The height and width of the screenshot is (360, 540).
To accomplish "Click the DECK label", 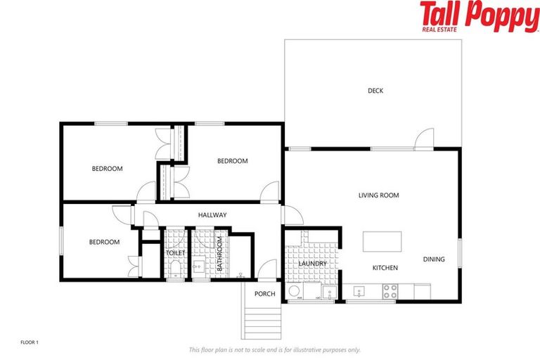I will (375, 90).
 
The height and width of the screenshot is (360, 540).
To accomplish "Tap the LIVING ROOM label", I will (378, 195).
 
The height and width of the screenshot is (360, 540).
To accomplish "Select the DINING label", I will (434, 259).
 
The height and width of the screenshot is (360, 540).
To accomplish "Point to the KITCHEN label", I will (385, 268).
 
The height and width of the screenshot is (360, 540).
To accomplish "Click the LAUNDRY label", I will (313, 264).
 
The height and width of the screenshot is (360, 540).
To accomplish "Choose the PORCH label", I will (264, 294).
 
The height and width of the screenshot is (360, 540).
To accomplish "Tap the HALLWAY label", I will (212, 215).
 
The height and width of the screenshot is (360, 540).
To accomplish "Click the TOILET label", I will (175, 252).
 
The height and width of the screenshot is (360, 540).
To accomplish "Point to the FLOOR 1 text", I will (30, 342).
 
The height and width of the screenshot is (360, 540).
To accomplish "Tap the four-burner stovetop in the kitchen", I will (390, 290).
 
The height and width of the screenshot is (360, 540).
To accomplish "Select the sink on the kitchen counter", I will (358, 291).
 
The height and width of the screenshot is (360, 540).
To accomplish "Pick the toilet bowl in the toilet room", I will (175, 271).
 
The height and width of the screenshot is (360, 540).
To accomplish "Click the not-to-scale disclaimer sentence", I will (274, 349).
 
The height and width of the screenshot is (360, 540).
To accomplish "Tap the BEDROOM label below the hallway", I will (104, 242).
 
